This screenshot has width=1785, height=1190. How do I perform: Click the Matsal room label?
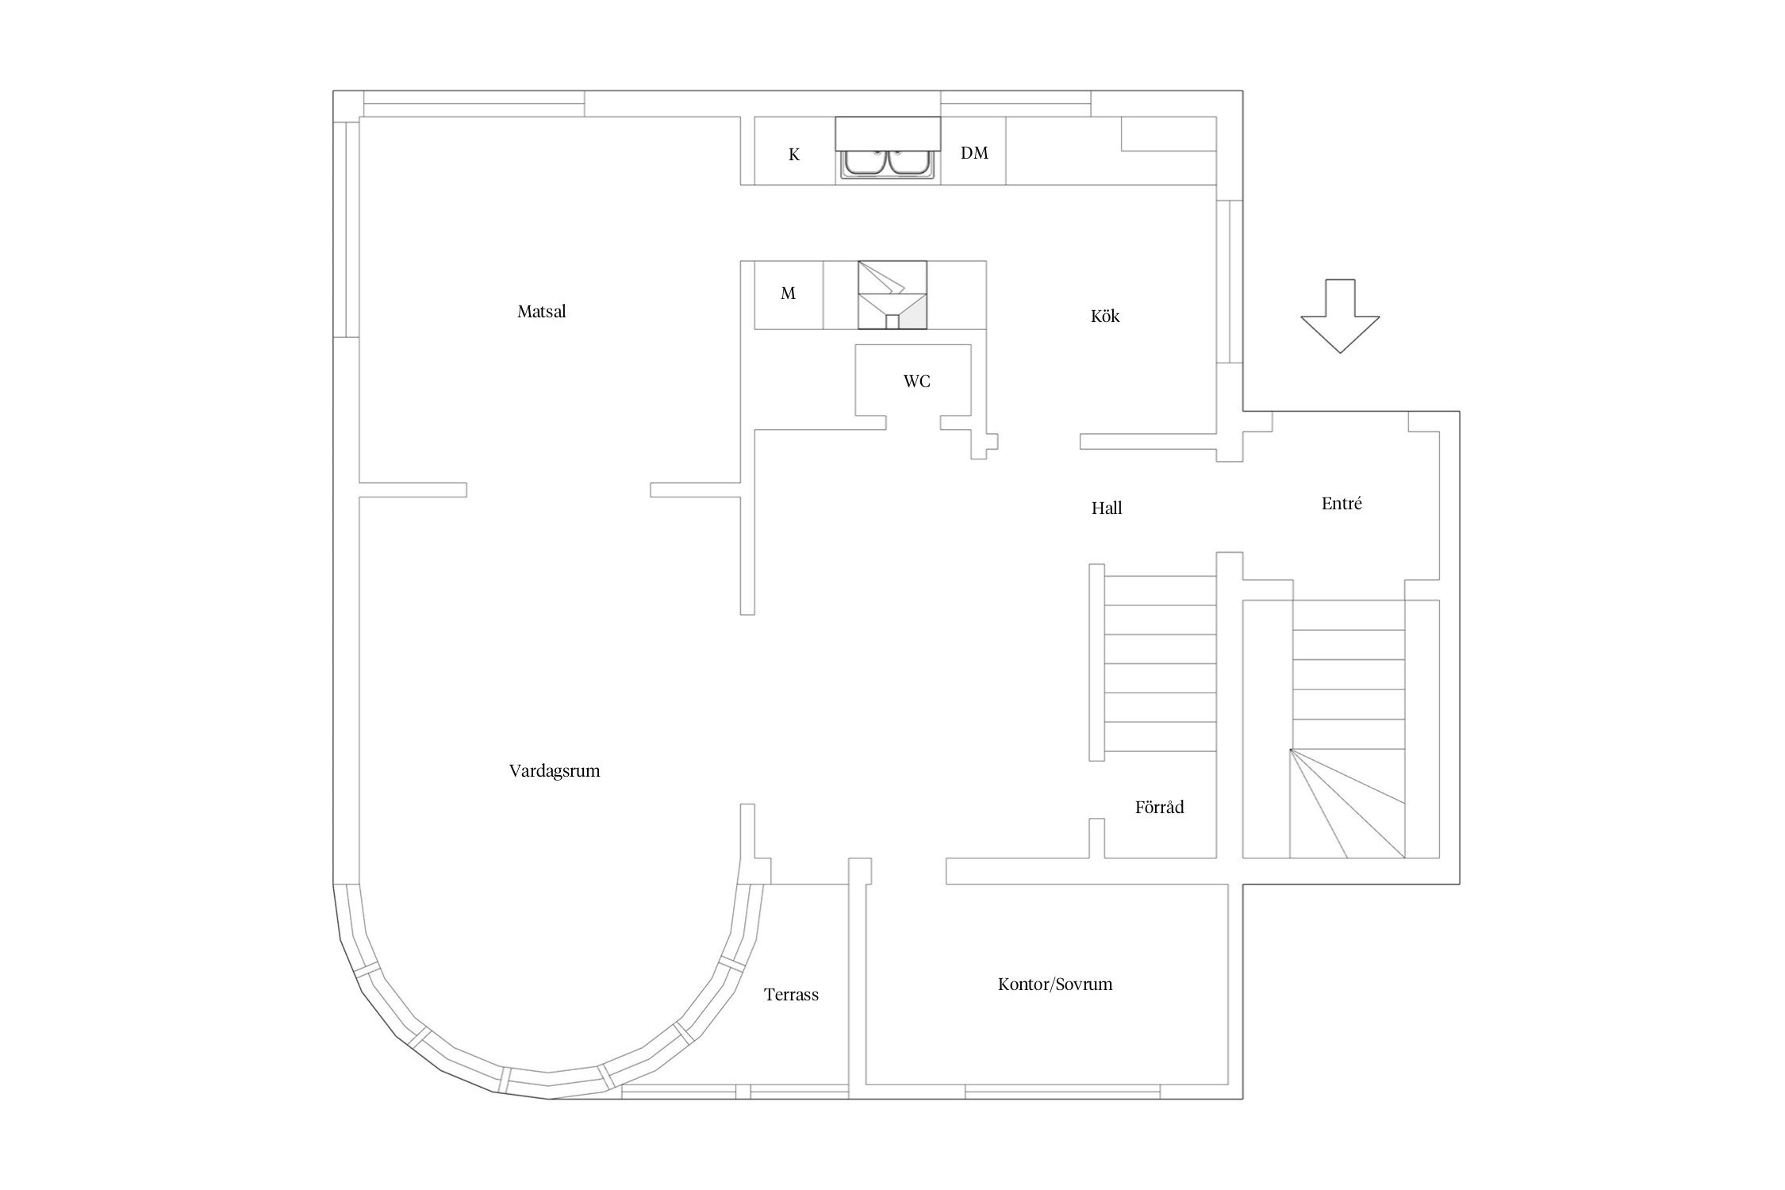click(x=542, y=312)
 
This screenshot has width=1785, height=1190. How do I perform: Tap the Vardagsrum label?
click(x=555, y=771)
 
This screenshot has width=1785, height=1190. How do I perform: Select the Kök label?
click(x=1105, y=317)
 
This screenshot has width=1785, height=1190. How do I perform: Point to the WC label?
click(x=917, y=382)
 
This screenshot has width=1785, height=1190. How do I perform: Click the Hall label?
click(x=1107, y=509)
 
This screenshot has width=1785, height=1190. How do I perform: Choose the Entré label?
click(x=1342, y=503)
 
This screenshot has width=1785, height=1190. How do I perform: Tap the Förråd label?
click(x=1159, y=808)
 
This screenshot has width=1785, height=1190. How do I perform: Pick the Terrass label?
click(x=791, y=995)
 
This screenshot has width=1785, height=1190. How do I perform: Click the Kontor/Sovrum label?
click(x=1055, y=985)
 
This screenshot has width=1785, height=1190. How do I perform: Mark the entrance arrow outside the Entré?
click(x=1340, y=316)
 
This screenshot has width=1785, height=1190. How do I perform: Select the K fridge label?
click(x=794, y=155)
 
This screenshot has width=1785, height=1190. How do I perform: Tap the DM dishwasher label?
click(x=974, y=153)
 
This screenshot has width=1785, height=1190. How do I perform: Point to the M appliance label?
click(x=788, y=294)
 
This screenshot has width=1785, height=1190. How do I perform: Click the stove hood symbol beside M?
click(x=892, y=294)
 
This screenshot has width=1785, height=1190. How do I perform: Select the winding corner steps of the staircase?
click(x=1347, y=803)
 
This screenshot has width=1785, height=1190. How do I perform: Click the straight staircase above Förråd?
click(x=1160, y=663)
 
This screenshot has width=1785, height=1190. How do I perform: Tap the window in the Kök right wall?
click(x=1229, y=282)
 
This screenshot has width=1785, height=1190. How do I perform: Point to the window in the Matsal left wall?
click(x=346, y=229)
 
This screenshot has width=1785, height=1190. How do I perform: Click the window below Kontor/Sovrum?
click(x=1063, y=1092)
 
